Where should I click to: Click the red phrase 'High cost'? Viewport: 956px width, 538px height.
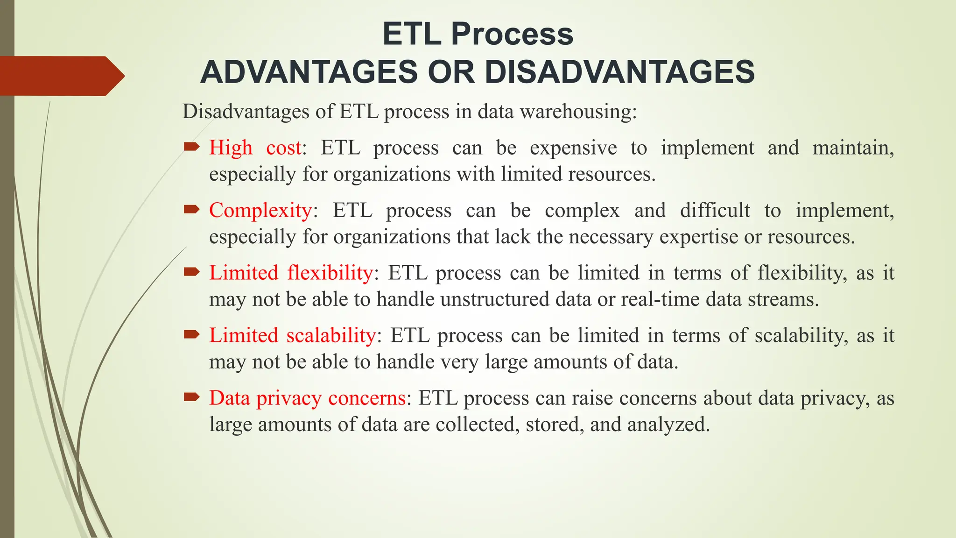coord(255,148)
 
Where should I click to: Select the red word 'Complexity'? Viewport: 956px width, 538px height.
coord(260,210)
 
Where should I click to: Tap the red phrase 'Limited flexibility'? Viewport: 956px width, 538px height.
coord(291,273)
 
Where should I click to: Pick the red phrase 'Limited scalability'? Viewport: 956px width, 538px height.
coord(292,335)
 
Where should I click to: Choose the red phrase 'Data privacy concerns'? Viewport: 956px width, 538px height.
coord(307,398)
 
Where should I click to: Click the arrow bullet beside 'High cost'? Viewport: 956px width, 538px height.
coord(191,148)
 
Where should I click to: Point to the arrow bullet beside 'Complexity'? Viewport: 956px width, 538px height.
coord(191,210)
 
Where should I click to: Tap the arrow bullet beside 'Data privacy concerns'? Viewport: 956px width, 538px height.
coord(191,397)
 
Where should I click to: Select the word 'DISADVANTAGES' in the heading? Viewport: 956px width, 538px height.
coord(619,72)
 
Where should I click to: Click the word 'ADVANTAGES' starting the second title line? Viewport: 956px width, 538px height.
coord(309,72)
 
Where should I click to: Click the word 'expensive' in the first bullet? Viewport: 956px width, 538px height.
coord(573,148)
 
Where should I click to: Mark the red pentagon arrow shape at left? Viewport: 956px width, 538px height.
coord(61,76)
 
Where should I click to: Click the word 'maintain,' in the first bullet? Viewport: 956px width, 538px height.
coord(853,148)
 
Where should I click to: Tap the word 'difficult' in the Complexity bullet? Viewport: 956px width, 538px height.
coord(715,210)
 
